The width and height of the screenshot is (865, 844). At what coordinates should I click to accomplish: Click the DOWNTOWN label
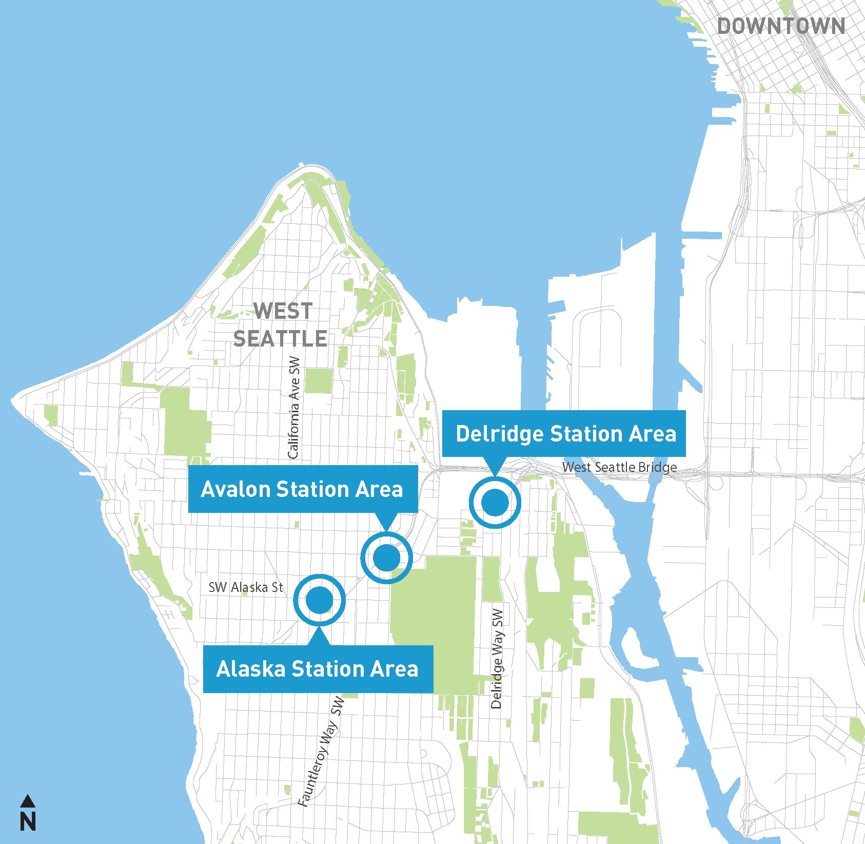pos(781,26)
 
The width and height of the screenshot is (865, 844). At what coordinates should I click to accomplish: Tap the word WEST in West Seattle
pos(283,311)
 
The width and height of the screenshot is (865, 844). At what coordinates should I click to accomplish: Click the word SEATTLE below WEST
pos(280,338)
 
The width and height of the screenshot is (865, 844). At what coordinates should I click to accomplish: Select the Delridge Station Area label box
pos(563,433)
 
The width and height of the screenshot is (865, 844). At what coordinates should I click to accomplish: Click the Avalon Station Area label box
pos(303,489)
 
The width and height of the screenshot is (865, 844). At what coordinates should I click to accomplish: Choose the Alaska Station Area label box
pos(318,669)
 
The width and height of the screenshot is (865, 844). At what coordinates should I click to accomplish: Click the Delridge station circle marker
pos(495,502)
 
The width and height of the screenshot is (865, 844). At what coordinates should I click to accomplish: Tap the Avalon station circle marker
pos(386,558)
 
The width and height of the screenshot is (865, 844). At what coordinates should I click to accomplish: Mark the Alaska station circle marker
pos(319,600)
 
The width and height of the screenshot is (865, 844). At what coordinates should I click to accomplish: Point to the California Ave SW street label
pos(293,407)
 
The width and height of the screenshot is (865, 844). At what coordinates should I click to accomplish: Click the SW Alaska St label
pos(246,587)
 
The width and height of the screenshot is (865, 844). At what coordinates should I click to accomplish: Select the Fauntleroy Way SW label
pos(322,751)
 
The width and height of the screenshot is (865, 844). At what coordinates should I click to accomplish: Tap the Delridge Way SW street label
pos(497,658)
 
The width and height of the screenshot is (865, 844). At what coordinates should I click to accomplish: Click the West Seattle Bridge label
pos(619,467)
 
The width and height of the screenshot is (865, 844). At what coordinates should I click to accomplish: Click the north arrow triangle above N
pos(28,800)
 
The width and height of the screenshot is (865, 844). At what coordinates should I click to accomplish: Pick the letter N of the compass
pos(28,822)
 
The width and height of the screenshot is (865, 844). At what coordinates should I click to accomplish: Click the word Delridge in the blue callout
pos(499,434)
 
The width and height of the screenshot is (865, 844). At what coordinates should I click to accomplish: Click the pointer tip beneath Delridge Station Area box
pos(495,473)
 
